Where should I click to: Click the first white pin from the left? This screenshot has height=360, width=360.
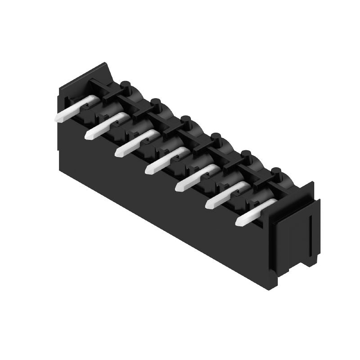pos(74,109)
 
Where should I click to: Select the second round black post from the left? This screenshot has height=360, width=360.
pos(156,104)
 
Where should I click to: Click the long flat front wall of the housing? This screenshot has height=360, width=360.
pos(166,198)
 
